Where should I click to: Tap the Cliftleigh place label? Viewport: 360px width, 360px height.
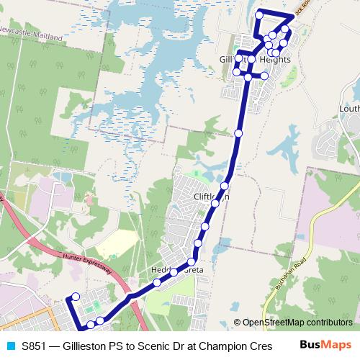[211, 196]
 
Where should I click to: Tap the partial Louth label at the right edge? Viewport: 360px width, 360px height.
[349, 109]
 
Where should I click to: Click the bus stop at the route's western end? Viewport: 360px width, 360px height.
[75, 297]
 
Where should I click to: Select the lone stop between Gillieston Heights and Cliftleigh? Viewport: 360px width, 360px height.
[238, 133]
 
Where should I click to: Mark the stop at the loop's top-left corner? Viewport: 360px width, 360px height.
[258, 14]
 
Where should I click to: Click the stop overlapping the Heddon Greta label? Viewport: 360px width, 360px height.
[174, 271]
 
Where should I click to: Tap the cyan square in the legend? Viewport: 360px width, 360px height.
[9, 345]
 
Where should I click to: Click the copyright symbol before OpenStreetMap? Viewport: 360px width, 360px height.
[238, 323]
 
